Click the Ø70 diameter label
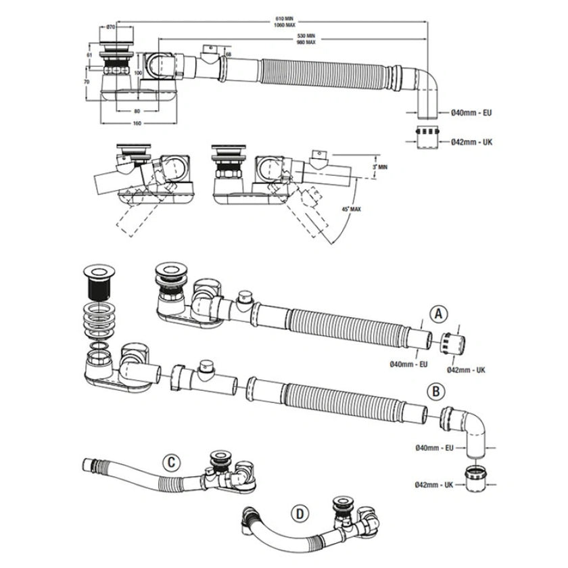(110, 27)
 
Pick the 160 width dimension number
(137, 123)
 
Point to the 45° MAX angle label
(350, 210)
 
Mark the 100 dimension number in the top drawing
(138, 72)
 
